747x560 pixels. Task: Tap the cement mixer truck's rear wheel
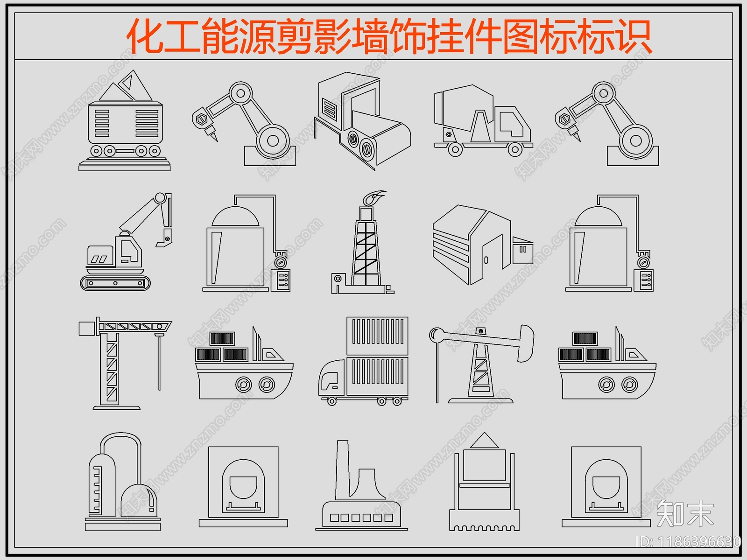click(x=455, y=149)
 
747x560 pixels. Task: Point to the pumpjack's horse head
click(x=526, y=343)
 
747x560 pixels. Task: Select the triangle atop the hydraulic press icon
click(x=485, y=441)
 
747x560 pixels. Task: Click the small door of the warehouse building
click(x=486, y=260)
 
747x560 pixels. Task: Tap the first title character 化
click(x=145, y=36)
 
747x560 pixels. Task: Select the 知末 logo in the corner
click(x=685, y=513)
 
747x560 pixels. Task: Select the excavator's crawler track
click(x=116, y=283)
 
